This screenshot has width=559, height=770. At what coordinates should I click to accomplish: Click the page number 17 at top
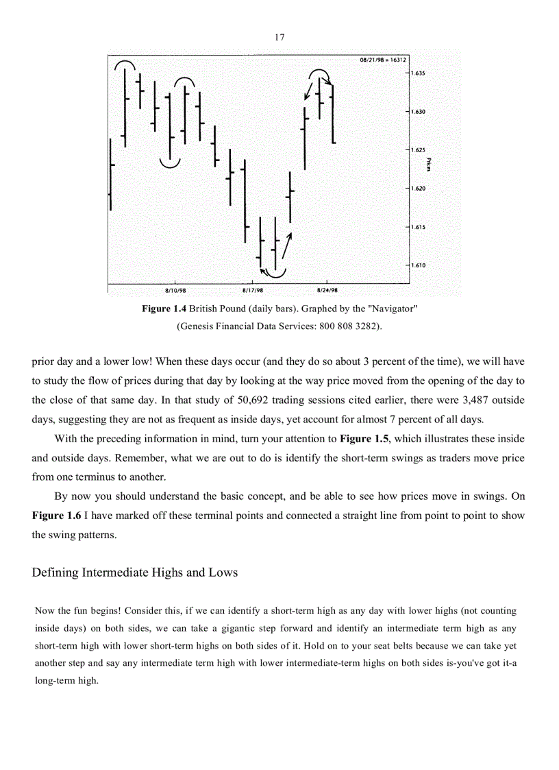click(x=279, y=38)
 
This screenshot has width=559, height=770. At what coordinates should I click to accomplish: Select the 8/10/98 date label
click(x=175, y=290)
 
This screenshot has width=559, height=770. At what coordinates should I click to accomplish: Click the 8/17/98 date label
click(x=253, y=290)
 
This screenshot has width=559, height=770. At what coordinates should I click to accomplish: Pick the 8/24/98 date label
click(x=327, y=290)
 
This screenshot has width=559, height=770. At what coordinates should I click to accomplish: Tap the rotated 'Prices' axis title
click(x=427, y=165)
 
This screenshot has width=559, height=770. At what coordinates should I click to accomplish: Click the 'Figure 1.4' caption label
click(x=164, y=309)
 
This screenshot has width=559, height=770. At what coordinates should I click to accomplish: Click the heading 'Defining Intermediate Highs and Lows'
click(x=135, y=572)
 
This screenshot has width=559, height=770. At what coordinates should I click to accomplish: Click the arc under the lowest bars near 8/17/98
click(x=275, y=275)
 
